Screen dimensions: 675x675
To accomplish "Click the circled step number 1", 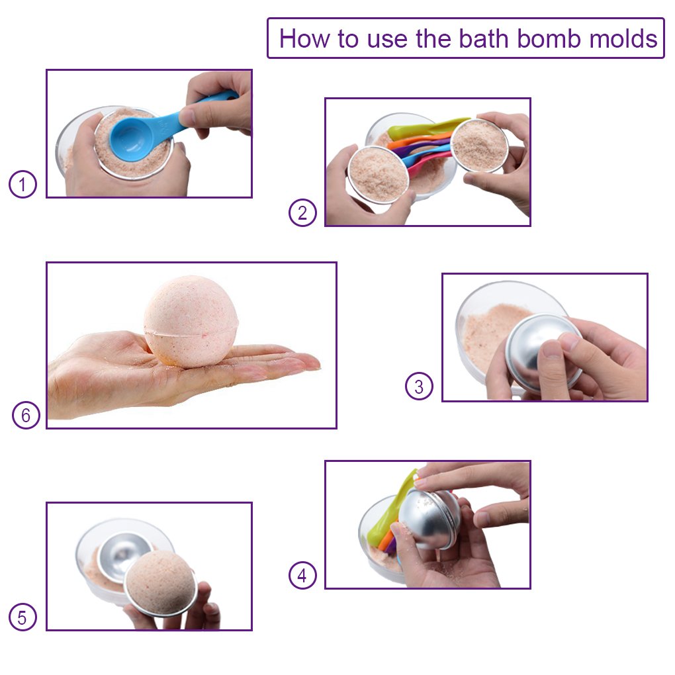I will tap(22, 185).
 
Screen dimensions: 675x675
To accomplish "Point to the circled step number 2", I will tap(303, 213).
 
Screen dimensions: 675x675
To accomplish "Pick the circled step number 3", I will tap(419, 386).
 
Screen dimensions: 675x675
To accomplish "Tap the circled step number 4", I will tap(303, 576).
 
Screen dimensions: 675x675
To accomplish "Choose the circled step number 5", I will tap(22, 618).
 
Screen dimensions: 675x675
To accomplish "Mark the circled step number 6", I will tap(26, 416).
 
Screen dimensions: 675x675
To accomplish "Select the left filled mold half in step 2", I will tap(377, 174).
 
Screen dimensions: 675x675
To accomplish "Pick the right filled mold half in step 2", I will tap(479, 144).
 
